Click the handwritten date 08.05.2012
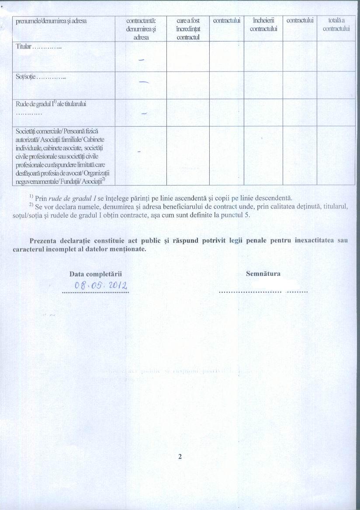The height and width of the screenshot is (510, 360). (x=101, y=286)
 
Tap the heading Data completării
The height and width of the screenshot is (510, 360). (x=95, y=274)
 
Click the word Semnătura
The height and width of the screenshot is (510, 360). (x=263, y=274)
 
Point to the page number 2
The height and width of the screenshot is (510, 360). (x=180, y=457)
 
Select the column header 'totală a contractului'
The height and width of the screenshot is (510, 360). (x=336, y=24)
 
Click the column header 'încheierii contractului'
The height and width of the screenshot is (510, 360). (x=263, y=24)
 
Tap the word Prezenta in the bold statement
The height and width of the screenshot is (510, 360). (x=44, y=241)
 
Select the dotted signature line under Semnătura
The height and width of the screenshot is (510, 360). (x=263, y=291)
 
